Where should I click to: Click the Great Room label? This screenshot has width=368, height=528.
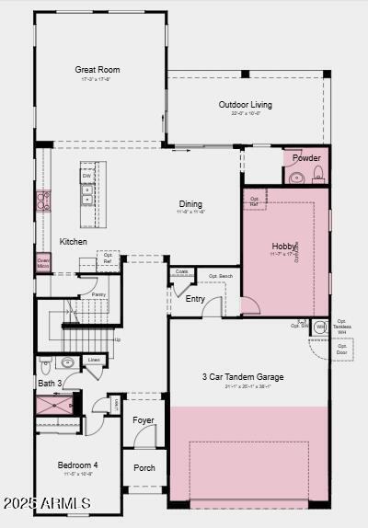[x=98, y=70]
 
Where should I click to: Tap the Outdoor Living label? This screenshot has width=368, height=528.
[x=245, y=105]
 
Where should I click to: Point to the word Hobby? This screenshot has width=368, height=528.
[x=283, y=247]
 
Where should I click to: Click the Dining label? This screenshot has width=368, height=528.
[x=190, y=204]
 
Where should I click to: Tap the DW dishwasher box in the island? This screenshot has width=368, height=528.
[x=86, y=175]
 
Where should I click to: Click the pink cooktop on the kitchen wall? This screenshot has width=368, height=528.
[x=42, y=201]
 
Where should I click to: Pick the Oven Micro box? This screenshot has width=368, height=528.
[x=43, y=263]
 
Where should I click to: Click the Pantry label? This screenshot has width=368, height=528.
[x=98, y=294]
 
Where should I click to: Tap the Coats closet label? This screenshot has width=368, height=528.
[x=182, y=271]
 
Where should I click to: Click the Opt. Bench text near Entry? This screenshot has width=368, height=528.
[x=220, y=276]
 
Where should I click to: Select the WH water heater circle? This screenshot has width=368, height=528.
[x=320, y=327]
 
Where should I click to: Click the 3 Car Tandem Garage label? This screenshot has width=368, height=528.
[x=243, y=377]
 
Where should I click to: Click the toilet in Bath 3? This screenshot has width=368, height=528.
[x=68, y=362]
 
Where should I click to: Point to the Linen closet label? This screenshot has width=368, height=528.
[x=94, y=360]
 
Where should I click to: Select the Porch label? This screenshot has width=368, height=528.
[x=144, y=467]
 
